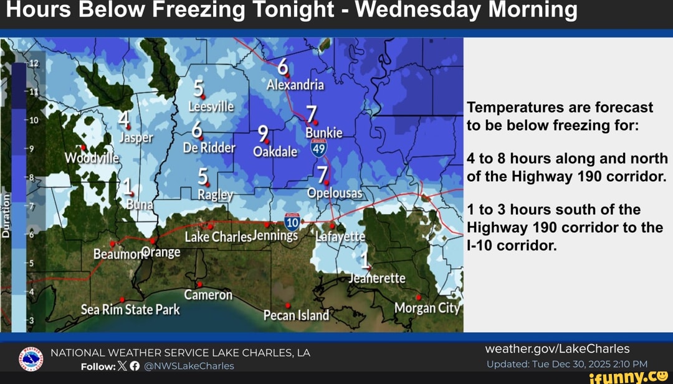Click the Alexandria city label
[x=295, y=85]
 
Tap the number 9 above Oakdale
[x=264, y=134]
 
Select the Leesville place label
[x=211, y=107]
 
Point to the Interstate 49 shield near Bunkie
[x=318, y=148]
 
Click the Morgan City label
[x=427, y=308]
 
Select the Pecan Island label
[x=296, y=315]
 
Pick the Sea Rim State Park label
[x=130, y=310]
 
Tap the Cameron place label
[x=208, y=295]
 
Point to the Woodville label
[x=92, y=158]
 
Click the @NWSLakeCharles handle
[x=189, y=366]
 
